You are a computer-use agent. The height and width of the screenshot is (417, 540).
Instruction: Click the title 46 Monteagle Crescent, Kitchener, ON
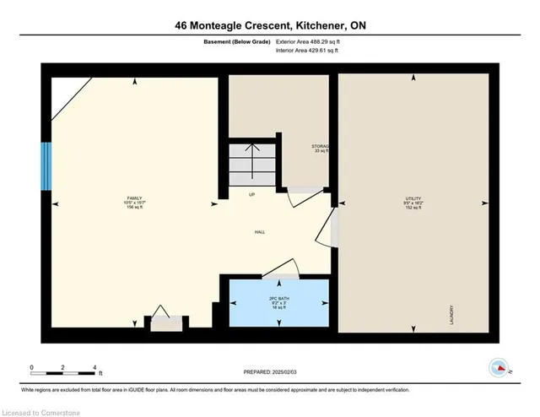coord(269,25)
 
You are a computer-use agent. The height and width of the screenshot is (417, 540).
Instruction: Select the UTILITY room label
coord(413,202)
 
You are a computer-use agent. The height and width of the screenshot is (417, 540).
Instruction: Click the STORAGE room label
coord(320,149)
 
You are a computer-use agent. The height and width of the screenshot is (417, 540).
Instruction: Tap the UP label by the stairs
coord(251,195)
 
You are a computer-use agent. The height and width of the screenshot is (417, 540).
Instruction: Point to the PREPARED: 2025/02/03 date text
coord(269,371)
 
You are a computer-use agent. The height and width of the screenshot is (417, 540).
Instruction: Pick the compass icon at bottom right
coord(498,367)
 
